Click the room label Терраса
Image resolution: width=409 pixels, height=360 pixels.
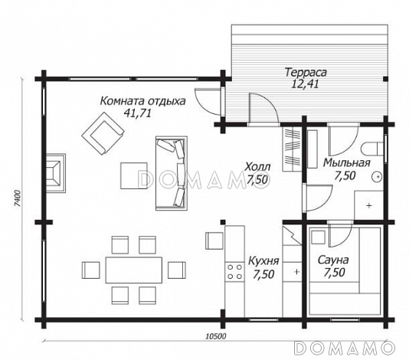(306, 72)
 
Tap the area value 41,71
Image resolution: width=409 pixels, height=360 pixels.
(137, 113)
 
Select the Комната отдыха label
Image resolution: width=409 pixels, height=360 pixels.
(142, 101)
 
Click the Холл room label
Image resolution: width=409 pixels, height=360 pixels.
(257, 166)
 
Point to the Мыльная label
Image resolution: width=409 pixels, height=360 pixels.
(347, 163)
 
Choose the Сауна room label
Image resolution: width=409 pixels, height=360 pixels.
(333, 260)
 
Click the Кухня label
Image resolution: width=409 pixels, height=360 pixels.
(263, 260)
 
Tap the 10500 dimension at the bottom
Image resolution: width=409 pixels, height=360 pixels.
(216, 336)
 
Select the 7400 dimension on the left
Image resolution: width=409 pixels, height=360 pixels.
(17, 198)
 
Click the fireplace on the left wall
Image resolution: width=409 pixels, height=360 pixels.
(56, 173)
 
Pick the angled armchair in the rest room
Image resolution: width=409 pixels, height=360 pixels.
(103, 133)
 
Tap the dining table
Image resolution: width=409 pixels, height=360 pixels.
(133, 270)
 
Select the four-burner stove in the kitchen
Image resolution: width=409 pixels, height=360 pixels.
(234, 272)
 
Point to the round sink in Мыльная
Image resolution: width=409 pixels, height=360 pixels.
(377, 177)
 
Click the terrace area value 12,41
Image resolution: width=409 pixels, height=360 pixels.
(305, 84)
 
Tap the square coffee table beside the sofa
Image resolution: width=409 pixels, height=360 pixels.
(134, 175)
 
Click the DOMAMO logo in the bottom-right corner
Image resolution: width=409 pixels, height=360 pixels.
(344, 348)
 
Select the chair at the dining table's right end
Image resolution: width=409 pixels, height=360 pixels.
(177, 270)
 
